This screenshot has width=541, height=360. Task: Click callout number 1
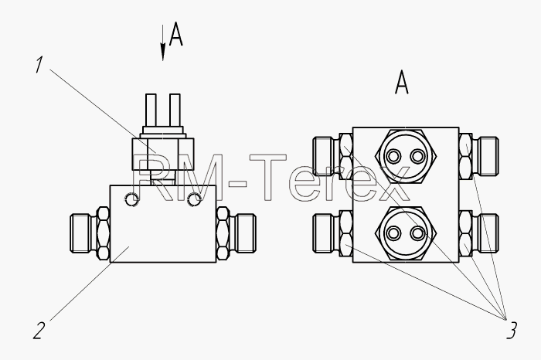[39, 65]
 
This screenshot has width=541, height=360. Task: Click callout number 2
[39, 331]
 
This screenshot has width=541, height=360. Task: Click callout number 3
[512, 331]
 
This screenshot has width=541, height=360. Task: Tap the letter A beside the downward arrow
[176, 34]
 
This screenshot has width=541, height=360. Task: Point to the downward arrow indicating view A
[163, 42]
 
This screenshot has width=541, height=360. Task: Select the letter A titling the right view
[402, 82]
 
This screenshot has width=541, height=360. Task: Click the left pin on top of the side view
[151, 110]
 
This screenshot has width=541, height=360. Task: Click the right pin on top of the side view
[175, 110]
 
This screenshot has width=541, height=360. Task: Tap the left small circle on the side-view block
[131, 199]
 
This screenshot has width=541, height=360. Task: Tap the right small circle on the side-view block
[194, 199]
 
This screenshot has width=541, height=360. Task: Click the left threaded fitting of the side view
[90, 233]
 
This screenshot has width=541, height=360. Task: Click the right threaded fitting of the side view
[236, 233]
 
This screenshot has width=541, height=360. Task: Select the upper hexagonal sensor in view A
[406, 156]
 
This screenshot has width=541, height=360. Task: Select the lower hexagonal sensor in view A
[406, 233]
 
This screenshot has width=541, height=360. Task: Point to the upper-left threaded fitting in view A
[332, 156]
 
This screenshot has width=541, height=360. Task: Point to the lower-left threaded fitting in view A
[332, 233]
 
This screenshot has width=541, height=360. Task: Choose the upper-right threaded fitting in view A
[479, 156]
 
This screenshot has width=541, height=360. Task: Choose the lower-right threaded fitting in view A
[479, 233]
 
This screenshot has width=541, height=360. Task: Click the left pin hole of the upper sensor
[393, 156]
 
